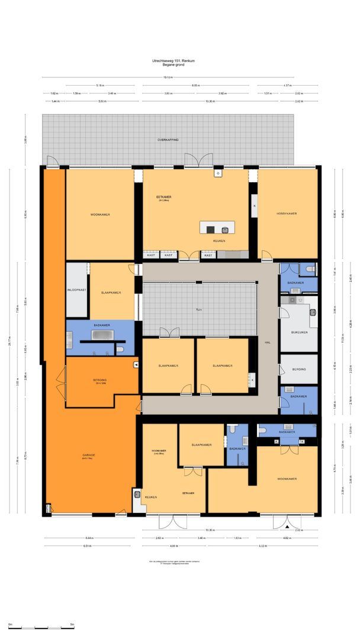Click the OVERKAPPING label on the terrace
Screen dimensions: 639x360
168,140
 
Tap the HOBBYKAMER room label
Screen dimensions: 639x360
287,214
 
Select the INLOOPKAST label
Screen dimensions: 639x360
77,290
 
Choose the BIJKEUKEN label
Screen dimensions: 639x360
299,332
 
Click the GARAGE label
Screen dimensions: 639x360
89,455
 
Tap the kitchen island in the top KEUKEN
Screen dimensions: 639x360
217,228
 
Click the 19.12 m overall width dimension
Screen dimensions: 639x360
168,78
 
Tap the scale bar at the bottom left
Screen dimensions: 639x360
40,626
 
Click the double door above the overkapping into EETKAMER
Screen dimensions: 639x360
198,160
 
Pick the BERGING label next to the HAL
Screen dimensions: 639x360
299,369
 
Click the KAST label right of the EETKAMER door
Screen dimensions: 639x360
208,255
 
